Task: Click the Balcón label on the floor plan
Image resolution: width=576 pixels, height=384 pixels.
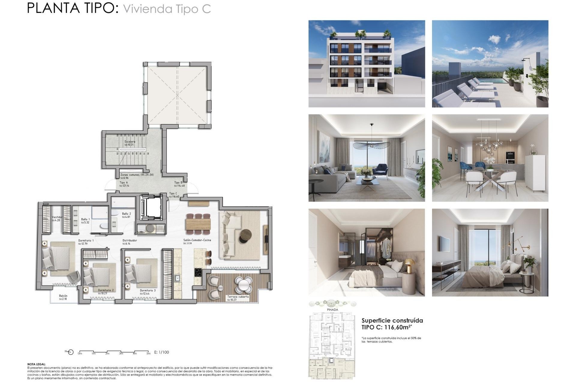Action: [63, 296]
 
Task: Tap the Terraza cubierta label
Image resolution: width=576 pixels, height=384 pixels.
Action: [238, 297]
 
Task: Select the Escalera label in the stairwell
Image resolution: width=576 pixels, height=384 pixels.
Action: [130, 142]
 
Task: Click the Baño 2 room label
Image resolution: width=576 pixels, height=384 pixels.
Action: [126, 214]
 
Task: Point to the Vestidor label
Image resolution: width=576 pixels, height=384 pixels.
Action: [57, 217]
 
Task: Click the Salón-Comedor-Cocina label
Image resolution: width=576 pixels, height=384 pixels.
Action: [197, 240]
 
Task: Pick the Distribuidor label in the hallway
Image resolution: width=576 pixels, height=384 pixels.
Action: [130, 241]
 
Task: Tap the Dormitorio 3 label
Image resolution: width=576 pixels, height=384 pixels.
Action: [148, 290]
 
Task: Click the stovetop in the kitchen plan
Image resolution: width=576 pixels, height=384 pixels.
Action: [198, 272]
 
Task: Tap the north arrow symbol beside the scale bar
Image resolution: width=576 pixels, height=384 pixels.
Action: [70, 352]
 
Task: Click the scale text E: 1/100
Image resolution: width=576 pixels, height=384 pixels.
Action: [161, 352]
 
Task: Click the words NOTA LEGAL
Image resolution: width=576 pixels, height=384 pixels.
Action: [37, 364]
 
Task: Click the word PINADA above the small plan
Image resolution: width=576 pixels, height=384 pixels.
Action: [332, 310]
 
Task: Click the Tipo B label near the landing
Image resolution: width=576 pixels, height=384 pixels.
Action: [178, 182]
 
